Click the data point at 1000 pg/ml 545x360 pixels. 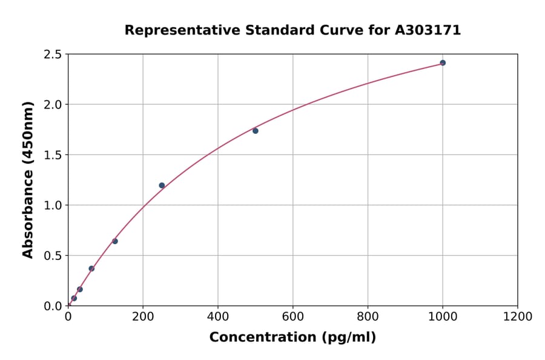point(443,63)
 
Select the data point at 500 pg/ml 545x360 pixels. point(256,131)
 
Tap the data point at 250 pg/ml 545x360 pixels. point(162,185)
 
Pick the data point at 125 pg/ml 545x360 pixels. point(115,241)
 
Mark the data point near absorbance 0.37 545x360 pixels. point(91,268)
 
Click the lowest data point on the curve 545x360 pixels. point(74,298)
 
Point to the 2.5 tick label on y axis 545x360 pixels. point(52,55)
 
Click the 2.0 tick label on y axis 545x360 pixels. point(52,105)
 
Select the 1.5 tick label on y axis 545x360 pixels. point(52,155)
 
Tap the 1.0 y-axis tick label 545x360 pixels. point(52,205)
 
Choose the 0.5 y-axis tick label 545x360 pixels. point(52,256)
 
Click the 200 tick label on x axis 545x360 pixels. point(143,316)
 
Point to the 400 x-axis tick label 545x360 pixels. point(218,316)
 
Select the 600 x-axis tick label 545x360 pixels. point(293,316)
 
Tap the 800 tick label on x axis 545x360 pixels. point(368,316)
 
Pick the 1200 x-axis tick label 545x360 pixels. point(517,316)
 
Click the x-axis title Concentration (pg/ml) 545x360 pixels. point(292,338)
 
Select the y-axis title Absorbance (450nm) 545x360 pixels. point(28,179)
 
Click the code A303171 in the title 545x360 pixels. point(428,30)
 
